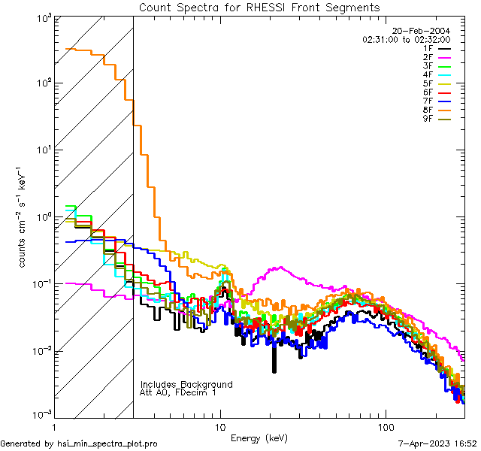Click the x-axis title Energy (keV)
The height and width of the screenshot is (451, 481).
[259, 437]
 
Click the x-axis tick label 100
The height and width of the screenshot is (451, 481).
[385, 426]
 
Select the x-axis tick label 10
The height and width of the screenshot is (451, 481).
[220, 426]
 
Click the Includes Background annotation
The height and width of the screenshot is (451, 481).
[186, 384]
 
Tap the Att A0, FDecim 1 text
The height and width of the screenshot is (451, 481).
[179, 392]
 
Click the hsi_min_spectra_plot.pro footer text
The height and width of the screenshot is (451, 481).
[79, 443]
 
